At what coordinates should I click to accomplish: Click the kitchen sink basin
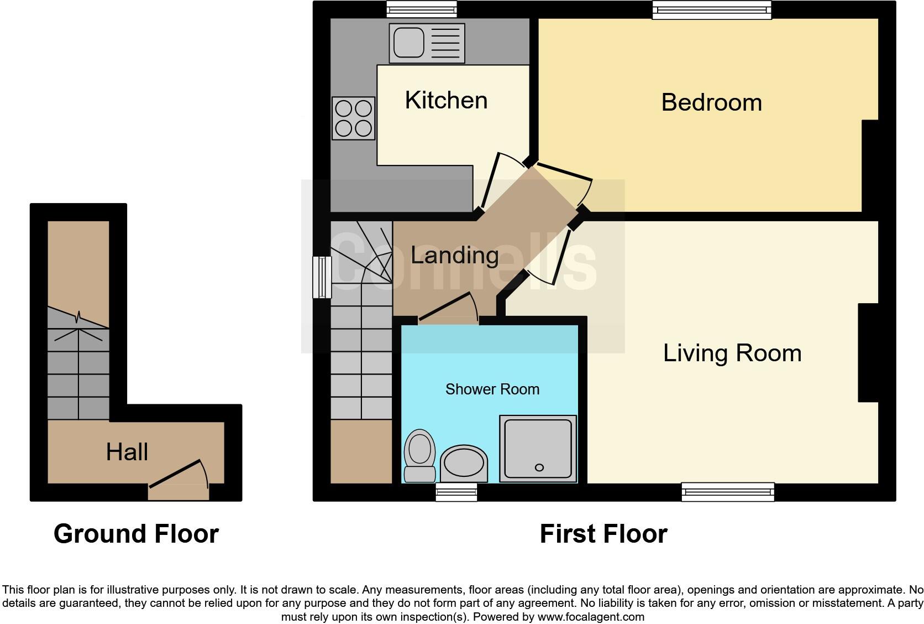coord(408,43)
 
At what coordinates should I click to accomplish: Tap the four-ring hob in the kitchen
coord(354,118)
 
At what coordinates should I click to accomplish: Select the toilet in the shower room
coord(419,456)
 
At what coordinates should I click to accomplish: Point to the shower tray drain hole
coord(539,467)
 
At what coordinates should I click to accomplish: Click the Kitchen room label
coord(447,100)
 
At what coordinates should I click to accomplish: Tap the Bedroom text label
coord(712,102)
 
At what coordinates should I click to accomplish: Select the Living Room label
coord(732,353)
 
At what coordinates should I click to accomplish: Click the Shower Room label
coord(492,389)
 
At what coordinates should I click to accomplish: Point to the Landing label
coord(455,255)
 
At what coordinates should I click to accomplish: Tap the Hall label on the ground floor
coord(127,452)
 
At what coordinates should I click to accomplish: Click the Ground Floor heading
coord(136,534)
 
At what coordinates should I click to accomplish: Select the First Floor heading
coord(603,534)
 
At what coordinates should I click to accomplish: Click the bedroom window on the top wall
coord(712,10)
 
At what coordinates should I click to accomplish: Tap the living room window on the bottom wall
coord(728,492)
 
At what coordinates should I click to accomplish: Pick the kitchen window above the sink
coord(422,9)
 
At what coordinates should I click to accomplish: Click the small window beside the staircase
coord(322,277)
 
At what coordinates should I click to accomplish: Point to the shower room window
coord(456,492)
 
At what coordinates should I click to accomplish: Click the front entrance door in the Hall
coord(179,480)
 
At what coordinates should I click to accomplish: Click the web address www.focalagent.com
coord(591,617)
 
